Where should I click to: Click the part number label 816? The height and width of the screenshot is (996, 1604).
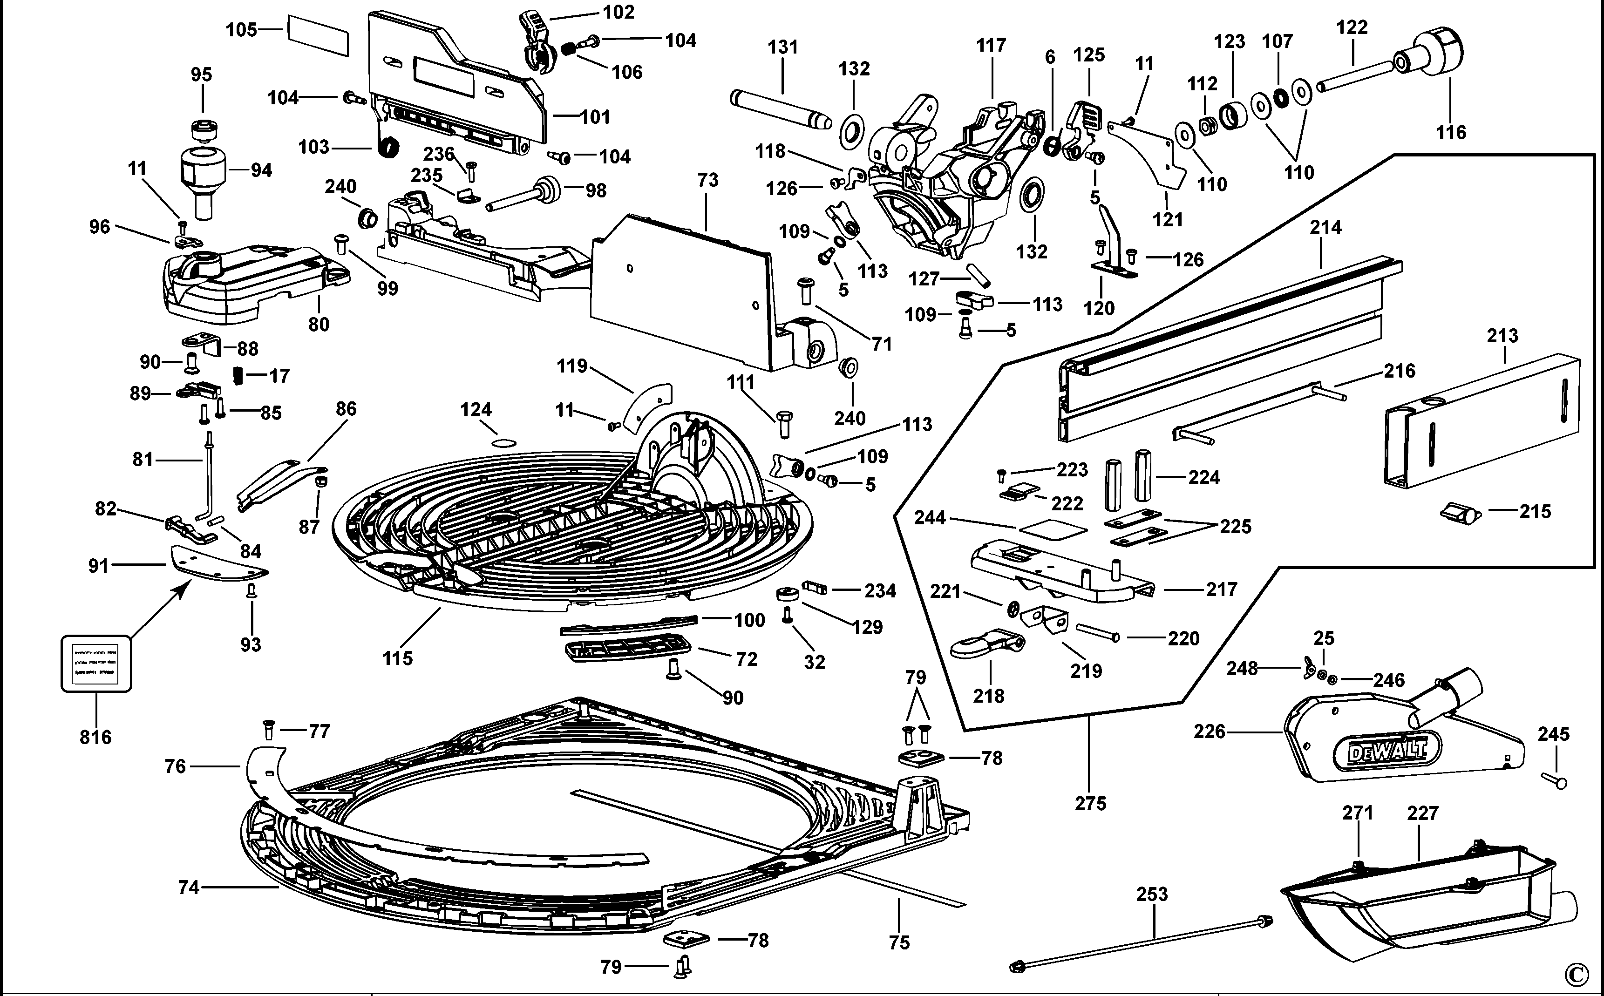pyautogui.click(x=95, y=737)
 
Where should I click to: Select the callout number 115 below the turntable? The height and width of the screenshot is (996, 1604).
pyautogui.click(x=397, y=657)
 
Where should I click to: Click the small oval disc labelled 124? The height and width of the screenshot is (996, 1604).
pyautogui.click(x=504, y=443)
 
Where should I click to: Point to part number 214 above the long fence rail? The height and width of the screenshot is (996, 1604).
pyautogui.click(x=1325, y=227)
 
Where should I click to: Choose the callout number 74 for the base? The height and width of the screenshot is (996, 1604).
pyautogui.click(x=189, y=888)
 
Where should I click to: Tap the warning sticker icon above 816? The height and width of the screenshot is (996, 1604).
pyautogui.click(x=96, y=664)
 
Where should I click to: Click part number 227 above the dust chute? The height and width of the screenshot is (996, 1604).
pyautogui.click(x=1422, y=813)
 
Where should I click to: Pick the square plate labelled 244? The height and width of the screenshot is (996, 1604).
pyautogui.click(x=1052, y=528)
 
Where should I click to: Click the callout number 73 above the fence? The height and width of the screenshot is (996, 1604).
pyautogui.click(x=707, y=180)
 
